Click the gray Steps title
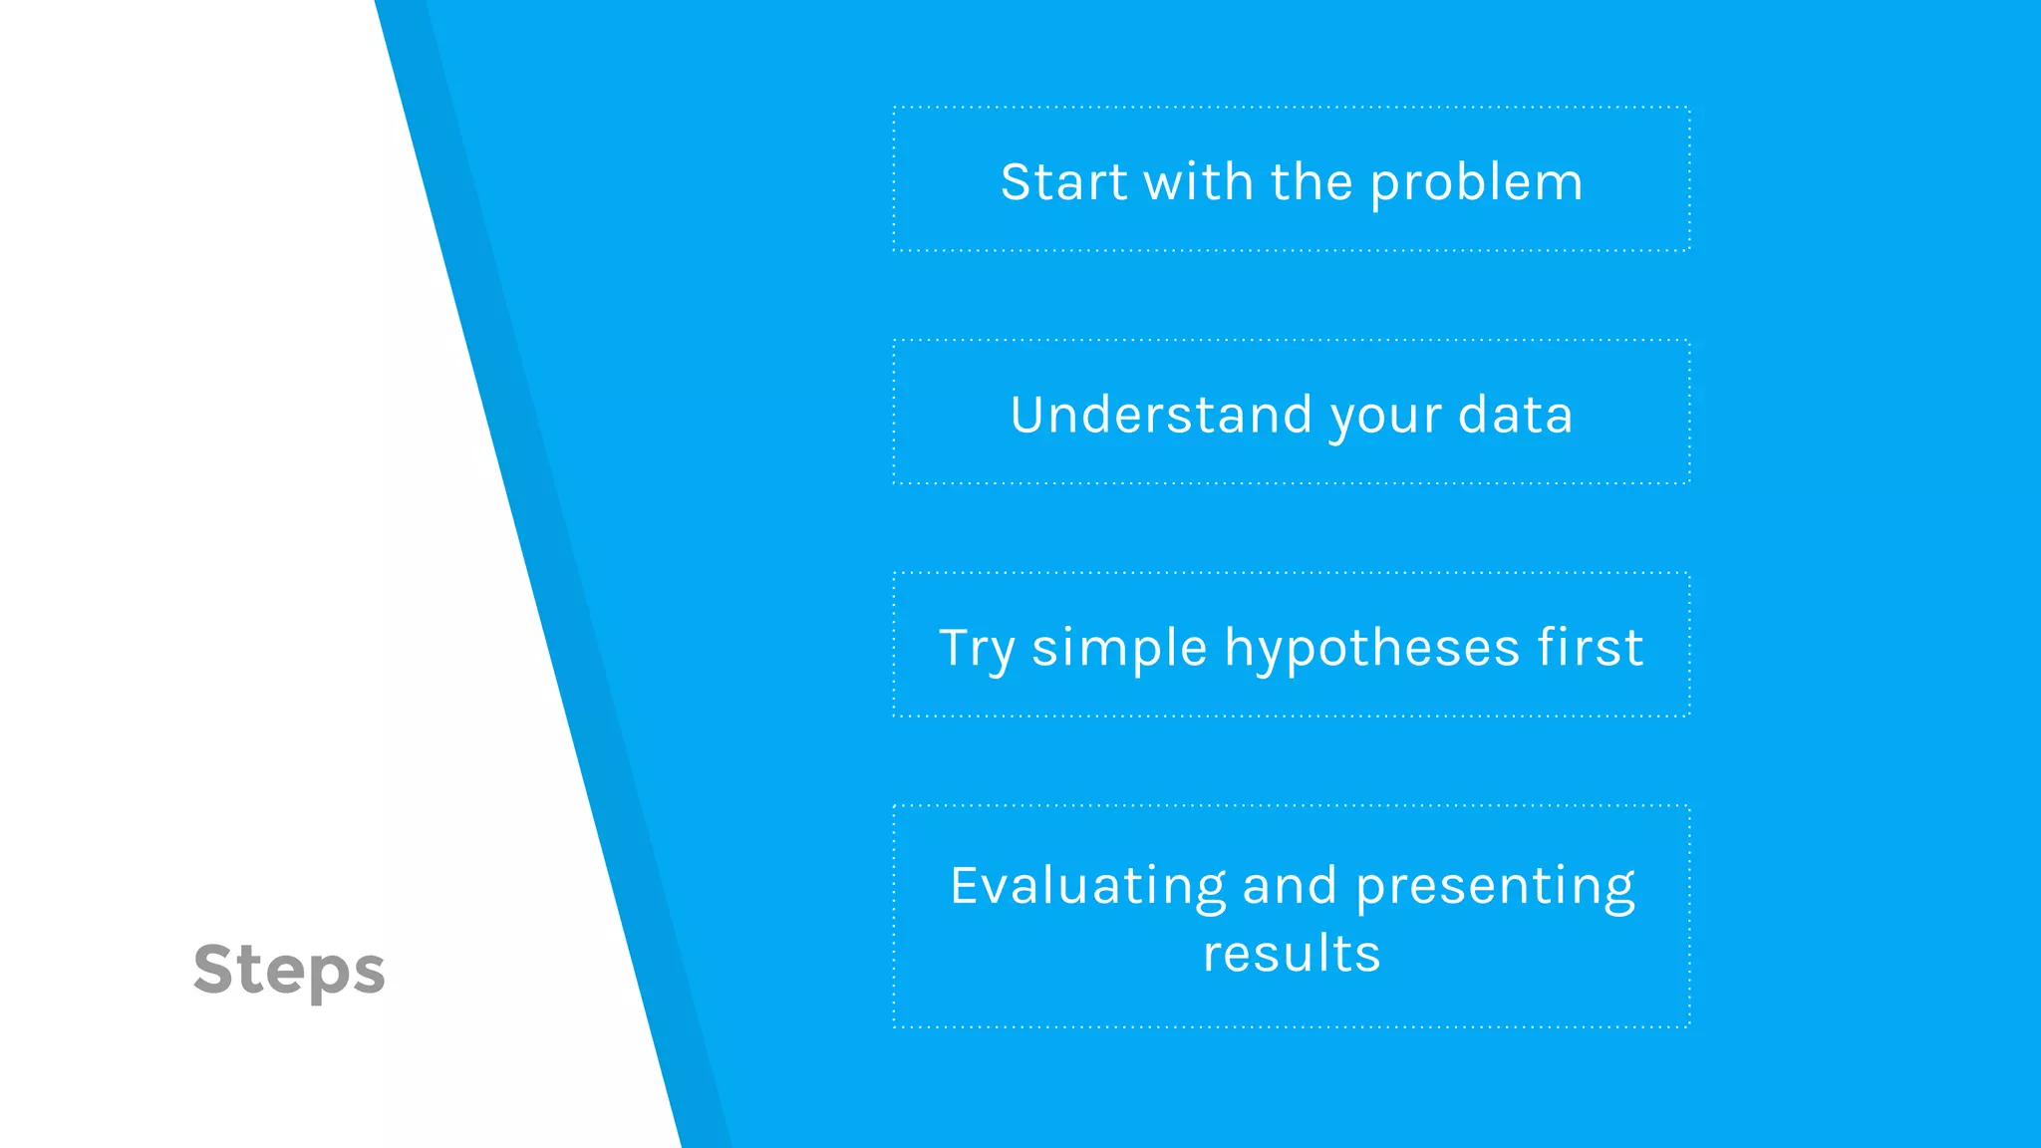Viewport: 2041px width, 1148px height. coord(289,970)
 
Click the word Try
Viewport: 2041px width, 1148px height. coord(977,649)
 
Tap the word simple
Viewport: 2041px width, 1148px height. coord(1119,649)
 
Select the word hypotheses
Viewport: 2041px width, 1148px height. coord(1371,649)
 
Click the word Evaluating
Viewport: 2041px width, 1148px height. coord(1087,886)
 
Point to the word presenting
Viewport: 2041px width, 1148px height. coord(1495,886)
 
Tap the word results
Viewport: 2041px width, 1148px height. coord(1292,954)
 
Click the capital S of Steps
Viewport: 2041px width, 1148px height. coord(216,969)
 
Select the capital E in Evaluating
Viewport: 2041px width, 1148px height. coord(967,885)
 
